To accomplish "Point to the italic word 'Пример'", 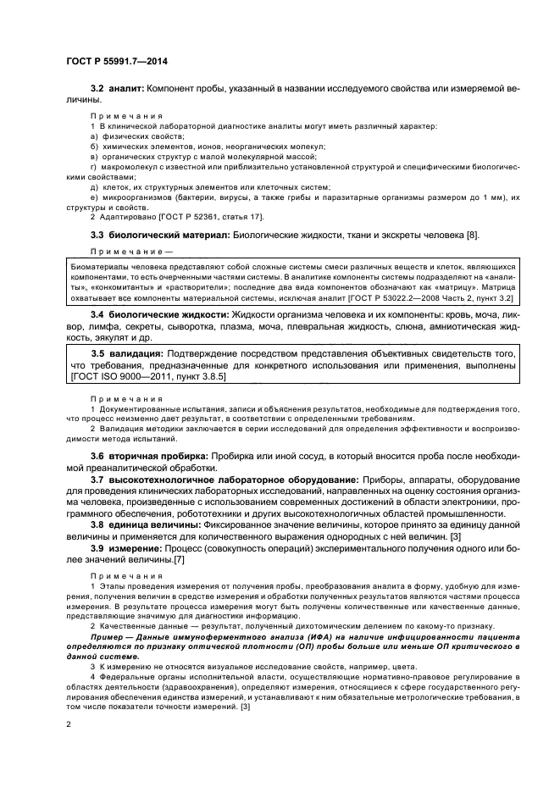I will click(x=111, y=635).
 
